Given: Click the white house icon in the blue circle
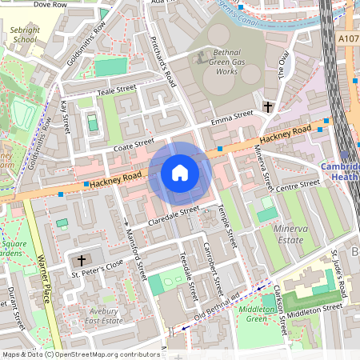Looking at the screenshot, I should [x=180, y=172].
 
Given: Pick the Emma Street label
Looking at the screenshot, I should [x=231, y=120].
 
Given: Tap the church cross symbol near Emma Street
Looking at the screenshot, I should [x=268, y=106].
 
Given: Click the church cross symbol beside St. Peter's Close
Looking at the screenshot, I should [x=80, y=261].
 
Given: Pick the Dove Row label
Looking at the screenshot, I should [x=50, y=5].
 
